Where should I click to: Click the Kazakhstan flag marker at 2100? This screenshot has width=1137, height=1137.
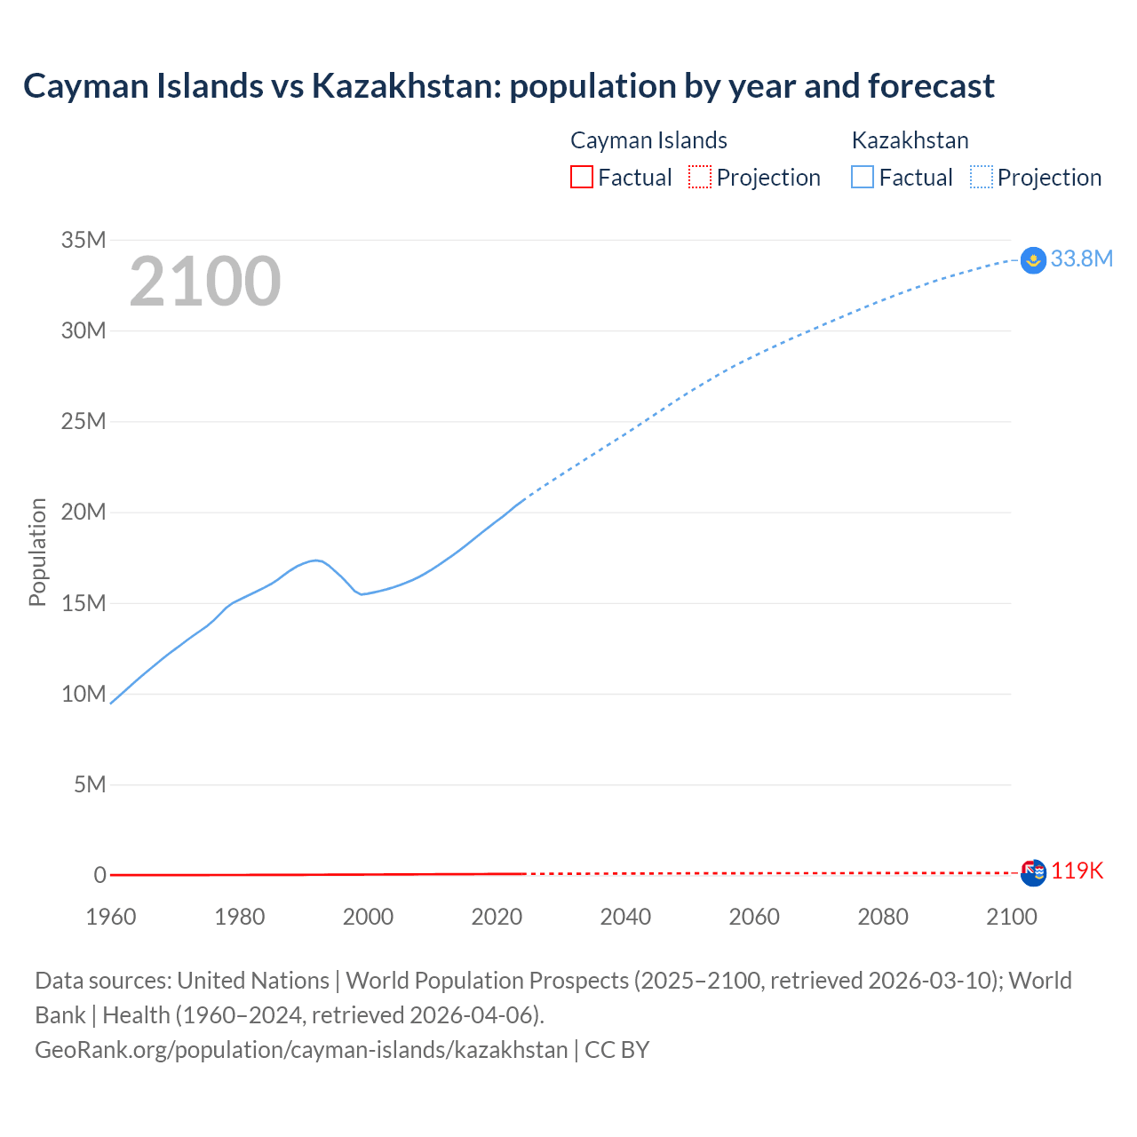[x=1033, y=260]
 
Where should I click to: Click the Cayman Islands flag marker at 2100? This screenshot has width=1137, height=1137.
[x=1034, y=873]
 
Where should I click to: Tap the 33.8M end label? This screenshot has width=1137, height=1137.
[x=1081, y=258]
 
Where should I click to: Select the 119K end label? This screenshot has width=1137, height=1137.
[x=1077, y=871]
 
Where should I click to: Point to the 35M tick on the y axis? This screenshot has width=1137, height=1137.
[x=83, y=240]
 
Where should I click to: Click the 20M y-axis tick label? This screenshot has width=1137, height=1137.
[x=83, y=513]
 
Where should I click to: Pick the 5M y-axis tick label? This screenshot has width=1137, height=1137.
[x=90, y=785]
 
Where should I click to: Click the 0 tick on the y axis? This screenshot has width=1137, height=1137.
[x=99, y=876]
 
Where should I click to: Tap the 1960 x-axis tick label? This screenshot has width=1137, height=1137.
[x=111, y=917]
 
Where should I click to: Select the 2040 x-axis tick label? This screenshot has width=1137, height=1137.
[x=625, y=917]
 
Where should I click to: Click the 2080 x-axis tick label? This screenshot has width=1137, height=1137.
[x=883, y=917]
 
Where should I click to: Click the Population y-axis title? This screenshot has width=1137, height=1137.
[x=37, y=553]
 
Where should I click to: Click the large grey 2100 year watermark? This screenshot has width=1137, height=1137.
[x=205, y=282]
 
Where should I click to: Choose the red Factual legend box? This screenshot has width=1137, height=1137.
[x=582, y=178]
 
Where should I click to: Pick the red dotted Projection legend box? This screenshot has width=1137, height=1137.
[x=700, y=178]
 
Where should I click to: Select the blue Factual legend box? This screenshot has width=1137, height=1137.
[x=863, y=178]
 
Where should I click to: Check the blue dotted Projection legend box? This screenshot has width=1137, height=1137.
[x=982, y=178]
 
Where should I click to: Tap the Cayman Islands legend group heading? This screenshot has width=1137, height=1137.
[x=648, y=140]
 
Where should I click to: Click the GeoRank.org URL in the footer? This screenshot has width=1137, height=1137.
[x=301, y=1050]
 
